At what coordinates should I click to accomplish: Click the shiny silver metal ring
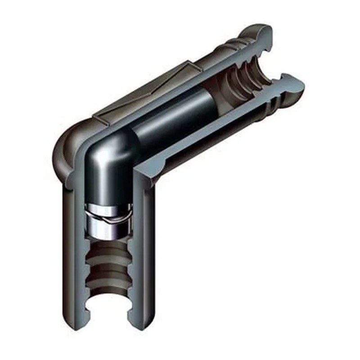[x=109, y=223]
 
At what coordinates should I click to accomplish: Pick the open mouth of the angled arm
[x=270, y=67]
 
